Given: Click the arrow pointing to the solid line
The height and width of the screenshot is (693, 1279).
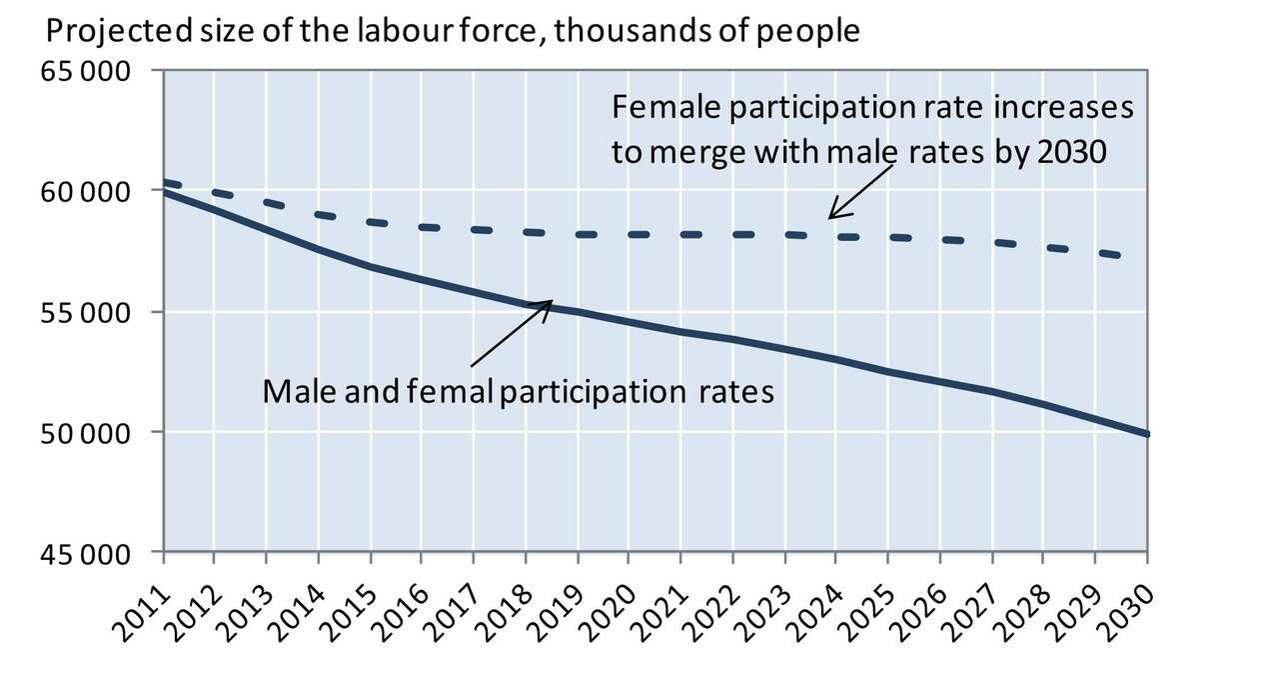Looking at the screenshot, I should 510,334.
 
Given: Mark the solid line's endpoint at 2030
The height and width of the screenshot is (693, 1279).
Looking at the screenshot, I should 1147,434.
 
